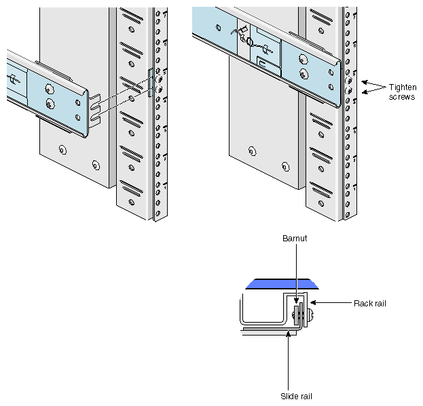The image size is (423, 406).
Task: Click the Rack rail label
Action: click(369, 303)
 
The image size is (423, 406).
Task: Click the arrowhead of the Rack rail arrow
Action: click(312, 303)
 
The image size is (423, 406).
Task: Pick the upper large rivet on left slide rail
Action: click(50, 88)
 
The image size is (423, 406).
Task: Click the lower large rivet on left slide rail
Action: click(50, 103)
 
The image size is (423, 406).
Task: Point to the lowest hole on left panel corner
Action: click(95, 165)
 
